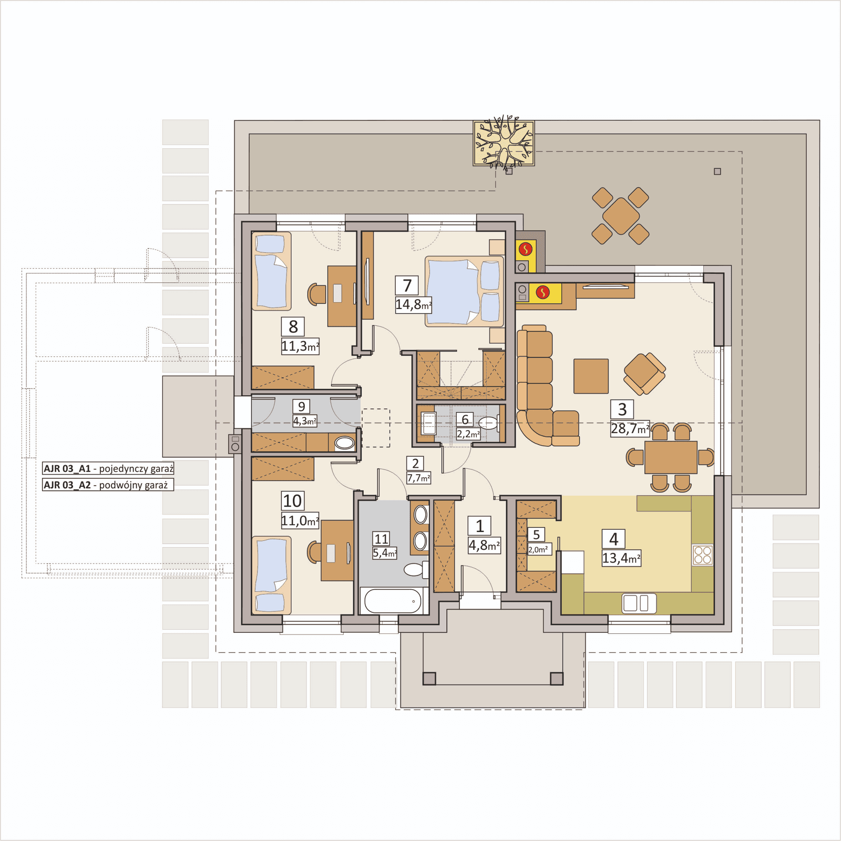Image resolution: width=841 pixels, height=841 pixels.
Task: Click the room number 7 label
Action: pyautogui.click(x=407, y=285)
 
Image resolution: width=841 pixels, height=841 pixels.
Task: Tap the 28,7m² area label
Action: pyautogui.click(x=630, y=429)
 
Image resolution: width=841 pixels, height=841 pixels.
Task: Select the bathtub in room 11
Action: pyautogui.click(x=393, y=601)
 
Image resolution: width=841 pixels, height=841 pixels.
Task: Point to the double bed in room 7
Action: pyautogui.click(x=463, y=291)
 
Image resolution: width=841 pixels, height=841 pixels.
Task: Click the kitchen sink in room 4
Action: pyautogui.click(x=639, y=603)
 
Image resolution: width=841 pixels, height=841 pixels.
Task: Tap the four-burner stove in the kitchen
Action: pyautogui.click(x=702, y=555)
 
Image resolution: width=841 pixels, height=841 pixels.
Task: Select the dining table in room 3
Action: pyautogui.click(x=671, y=457)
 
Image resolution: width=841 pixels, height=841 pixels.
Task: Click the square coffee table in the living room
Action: pyautogui.click(x=591, y=376)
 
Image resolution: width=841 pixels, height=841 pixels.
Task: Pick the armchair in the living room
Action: pyautogui.click(x=644, y=373)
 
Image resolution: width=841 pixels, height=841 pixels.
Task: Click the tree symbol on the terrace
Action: pyautogui.click(x=504, y=143)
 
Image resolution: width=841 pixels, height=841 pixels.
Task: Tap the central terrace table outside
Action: pyautogui.click(x=621, y=216)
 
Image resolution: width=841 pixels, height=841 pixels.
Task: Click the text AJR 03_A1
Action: pyautogui.click(x=67, y=468)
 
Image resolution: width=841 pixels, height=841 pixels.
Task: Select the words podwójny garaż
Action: pyautogui.click(x=133, y=485)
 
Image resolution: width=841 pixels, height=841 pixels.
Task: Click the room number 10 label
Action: pyautogui.click(x=292, y=501)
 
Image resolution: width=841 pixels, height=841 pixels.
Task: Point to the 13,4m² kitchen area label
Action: pyautogui.click(x=621, y=558)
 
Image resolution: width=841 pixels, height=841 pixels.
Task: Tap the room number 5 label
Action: pyautogui.click(x=536, y=535)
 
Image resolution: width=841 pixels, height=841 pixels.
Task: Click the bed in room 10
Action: pyautogui.click(x=271, y=575)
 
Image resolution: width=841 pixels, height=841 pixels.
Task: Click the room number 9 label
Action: pyautogui.click(x=301, y=406)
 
